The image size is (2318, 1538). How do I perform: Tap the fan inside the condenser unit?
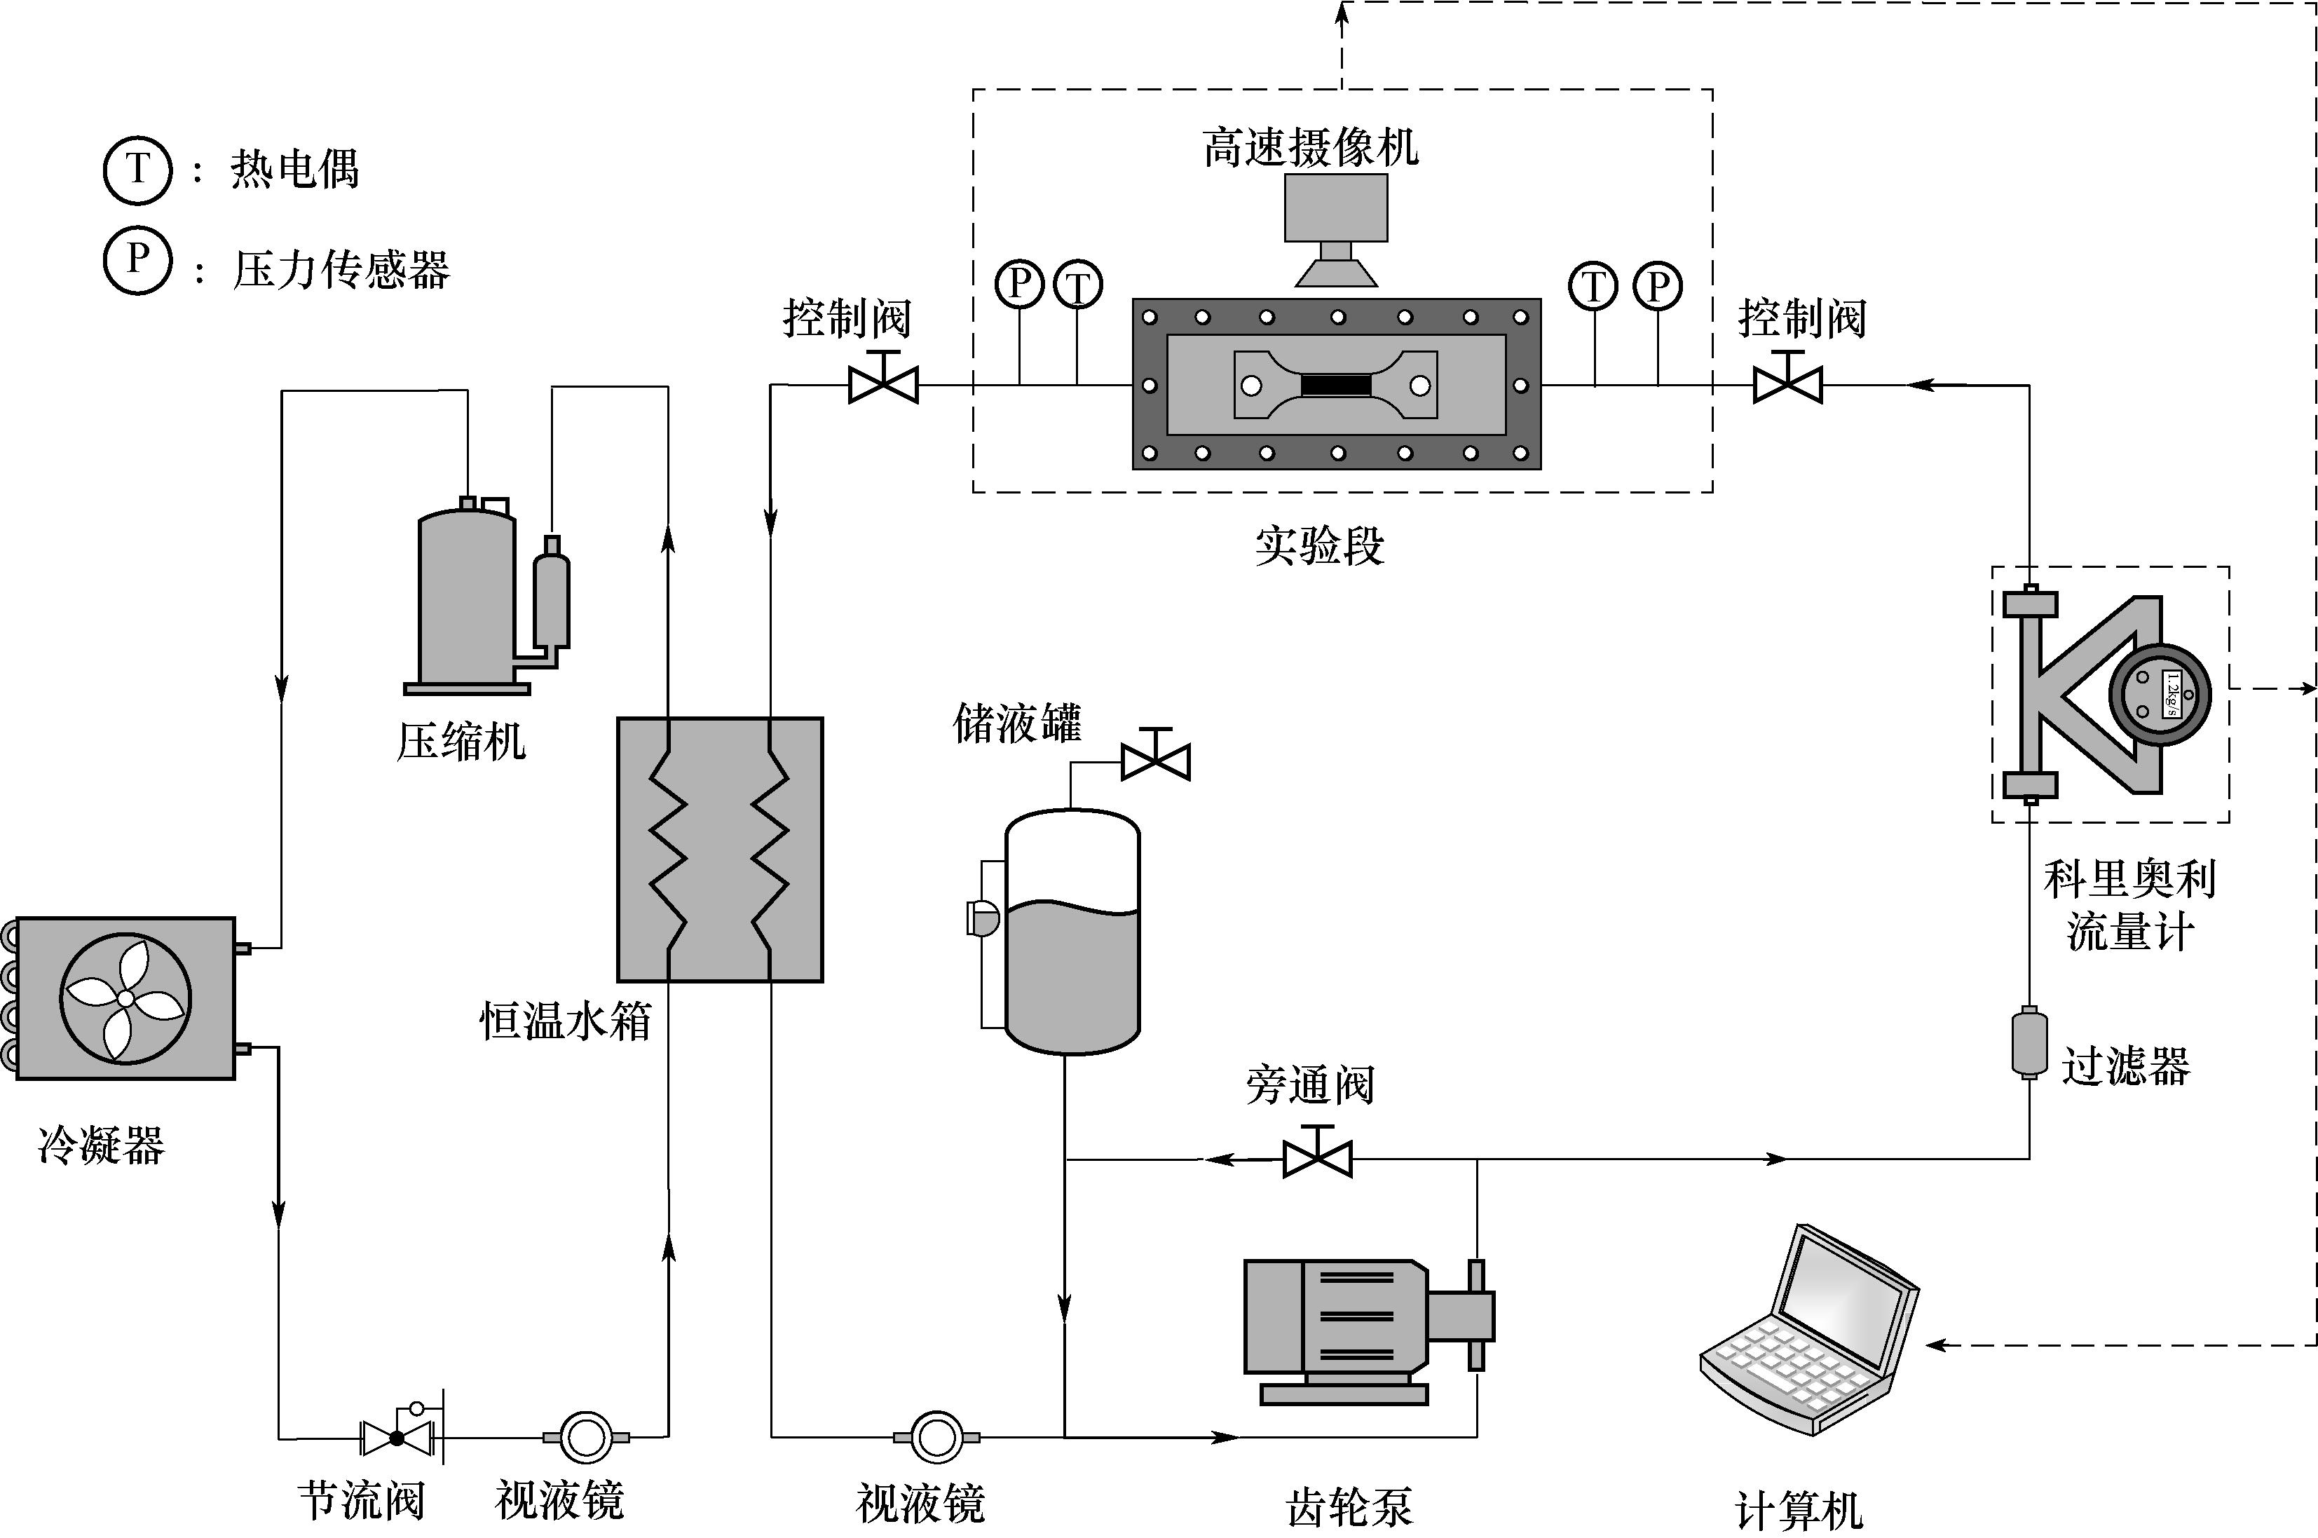[125, 998]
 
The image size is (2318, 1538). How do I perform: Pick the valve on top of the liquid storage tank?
[1155, 760]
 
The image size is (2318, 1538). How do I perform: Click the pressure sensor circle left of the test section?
[1020, 285]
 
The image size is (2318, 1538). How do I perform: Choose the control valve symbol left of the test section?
[882, 384]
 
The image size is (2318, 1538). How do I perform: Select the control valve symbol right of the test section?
[1787, 384]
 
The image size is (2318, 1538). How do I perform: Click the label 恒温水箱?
[566, 1021]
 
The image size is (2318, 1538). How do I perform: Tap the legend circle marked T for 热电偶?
[137, 170]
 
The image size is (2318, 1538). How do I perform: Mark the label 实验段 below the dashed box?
[1320, 545]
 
